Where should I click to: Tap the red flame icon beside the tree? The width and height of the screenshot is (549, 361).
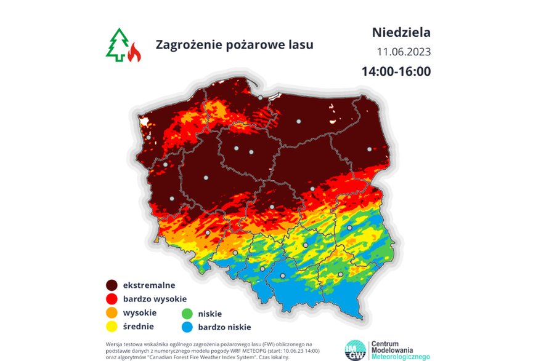tap(134, 54)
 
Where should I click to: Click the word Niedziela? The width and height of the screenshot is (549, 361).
tap(401, 32)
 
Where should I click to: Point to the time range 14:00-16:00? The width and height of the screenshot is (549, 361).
tap(396, 71)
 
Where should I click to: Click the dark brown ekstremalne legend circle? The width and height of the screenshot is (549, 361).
tap(112, 285)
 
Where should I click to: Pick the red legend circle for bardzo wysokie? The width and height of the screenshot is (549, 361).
tap(112, 299)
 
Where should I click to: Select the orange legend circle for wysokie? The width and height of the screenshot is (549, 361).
tap(112, 313)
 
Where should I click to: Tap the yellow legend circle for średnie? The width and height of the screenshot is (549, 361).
tap(112, 327)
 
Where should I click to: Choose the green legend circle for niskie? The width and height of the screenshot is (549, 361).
tap(185, 313)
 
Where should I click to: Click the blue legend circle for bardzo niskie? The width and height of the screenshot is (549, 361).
tap(185, 327)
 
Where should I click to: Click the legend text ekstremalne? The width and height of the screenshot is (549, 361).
tap(149, 285)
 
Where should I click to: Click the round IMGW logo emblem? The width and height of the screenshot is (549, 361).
tap(355, 349)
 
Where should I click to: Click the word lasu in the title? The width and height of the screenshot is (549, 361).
tap(300, 45)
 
